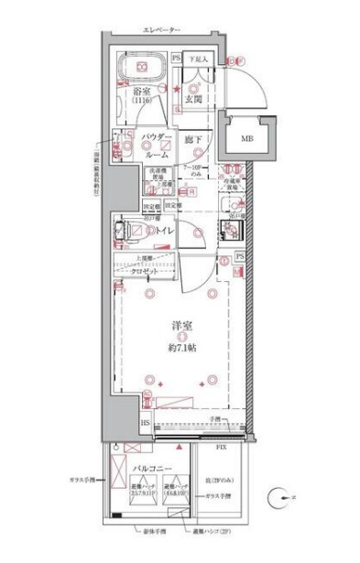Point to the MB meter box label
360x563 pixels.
click(247, 137)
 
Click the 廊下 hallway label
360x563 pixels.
click(190, 139)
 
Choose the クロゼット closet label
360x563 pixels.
click(148, 274)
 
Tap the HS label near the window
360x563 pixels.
click(146, 422)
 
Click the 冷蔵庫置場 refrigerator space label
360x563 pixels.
click(235, 182)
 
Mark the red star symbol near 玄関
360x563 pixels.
click(178, 87)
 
